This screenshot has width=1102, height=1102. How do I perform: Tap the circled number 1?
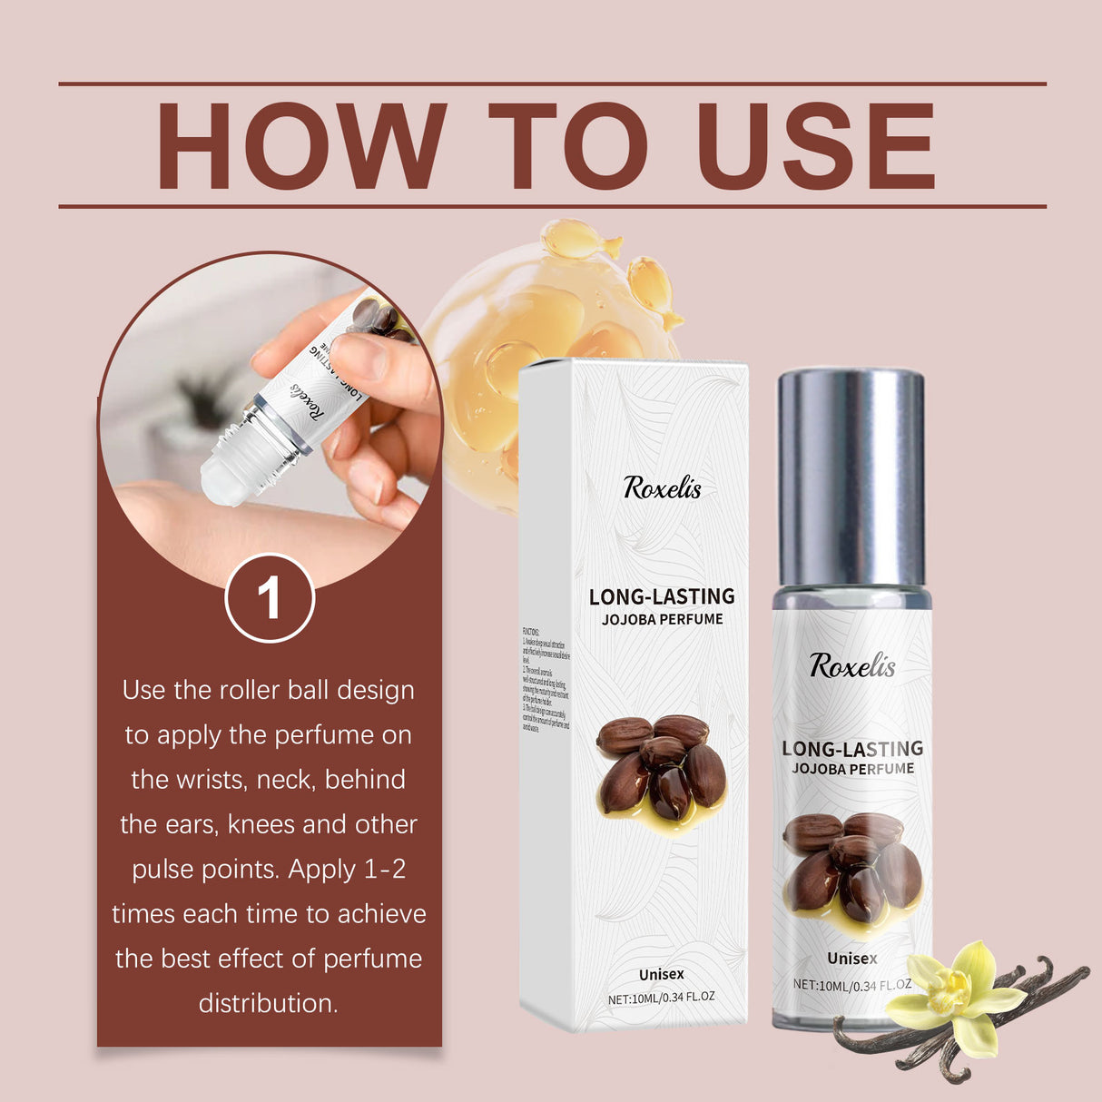tap(270, 598)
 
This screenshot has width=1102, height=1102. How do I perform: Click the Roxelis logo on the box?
tap(662, 488)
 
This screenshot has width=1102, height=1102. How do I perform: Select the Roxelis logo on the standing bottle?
tap(851, 665)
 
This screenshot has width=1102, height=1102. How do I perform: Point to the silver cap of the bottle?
tap(851, 476)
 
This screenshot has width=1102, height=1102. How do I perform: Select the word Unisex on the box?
tap(661, 974)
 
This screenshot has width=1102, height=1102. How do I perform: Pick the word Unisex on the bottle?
tap(851, 959)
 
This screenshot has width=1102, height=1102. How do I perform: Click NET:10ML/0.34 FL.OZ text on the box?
tap(661, 997)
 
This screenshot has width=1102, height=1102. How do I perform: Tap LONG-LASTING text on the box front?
tap(662, 596)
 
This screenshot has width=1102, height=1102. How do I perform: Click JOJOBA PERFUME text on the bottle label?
tap(852, 769)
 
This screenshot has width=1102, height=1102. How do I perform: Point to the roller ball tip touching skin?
tap(222, 480)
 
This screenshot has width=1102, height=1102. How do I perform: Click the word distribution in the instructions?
tap(268, 1003)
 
